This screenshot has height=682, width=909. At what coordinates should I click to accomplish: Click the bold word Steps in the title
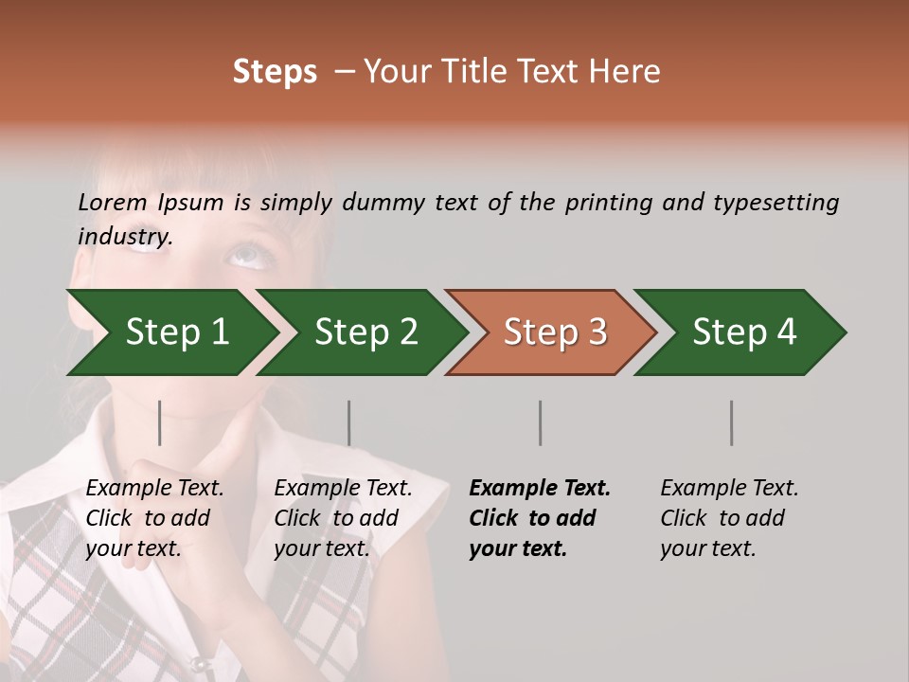pos(275,72)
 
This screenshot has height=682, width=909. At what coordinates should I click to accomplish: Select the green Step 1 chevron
pos(170,332)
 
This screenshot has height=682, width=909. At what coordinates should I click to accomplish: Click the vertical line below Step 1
pos(160,422)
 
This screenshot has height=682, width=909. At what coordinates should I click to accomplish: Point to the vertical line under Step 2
pos(349,422)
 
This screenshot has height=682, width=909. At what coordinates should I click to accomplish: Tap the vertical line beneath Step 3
pos(541,422)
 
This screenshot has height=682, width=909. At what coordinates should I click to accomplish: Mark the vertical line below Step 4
pos(732,422)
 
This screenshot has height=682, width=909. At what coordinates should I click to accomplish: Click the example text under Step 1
pos(154,518)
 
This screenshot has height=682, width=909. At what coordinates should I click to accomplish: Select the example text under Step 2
pos(343,518)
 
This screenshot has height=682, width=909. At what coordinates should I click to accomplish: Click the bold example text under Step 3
pos(540,518)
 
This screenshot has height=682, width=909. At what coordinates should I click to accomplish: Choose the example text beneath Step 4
pos(729,518)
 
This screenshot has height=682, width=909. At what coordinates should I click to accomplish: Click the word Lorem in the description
pos(112,202)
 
